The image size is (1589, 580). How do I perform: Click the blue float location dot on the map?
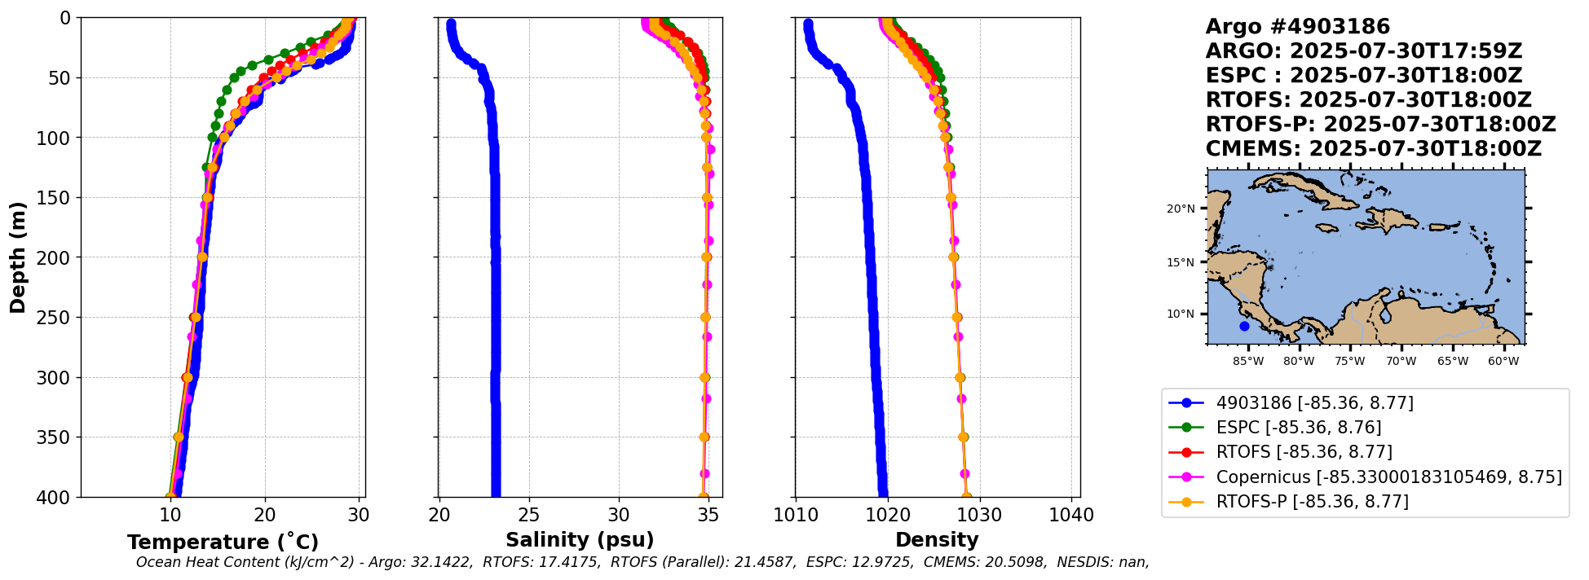point(1244,326)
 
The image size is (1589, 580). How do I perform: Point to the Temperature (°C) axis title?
point(223,542)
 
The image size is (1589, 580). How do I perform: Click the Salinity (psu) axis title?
point(580,540)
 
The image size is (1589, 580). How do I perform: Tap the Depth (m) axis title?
point(18,257)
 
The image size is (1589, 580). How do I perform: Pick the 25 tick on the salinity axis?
point(529,515)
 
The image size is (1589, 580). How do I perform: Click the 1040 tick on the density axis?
point(1071,515)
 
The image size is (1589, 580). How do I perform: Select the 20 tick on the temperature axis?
point(264,515)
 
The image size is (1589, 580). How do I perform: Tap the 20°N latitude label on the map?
point(1180,209)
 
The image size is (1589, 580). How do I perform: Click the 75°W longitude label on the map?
point(1349,361)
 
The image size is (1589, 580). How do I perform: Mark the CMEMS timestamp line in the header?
point(1373,149)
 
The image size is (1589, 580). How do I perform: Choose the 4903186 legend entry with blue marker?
point(1314,403)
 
